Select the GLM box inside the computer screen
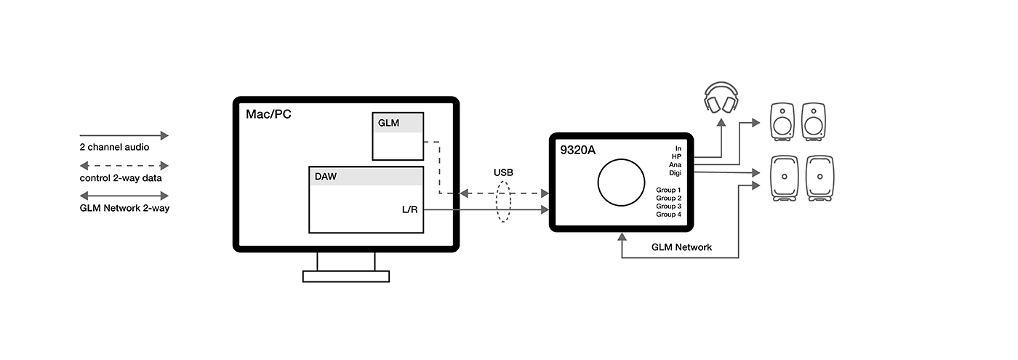point(397,136)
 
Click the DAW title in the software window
point(326,176)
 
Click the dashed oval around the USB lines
point(503,202)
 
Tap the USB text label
point(503,173)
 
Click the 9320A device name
point(579,151)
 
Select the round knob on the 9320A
point(620,182)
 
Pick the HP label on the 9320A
point(676,156)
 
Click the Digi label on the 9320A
point(674,173)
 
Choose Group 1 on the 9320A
point(668,190)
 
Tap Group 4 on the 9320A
point(668,215)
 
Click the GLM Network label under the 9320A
point(681,247)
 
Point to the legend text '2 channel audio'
point(114,147)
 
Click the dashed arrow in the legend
point(124,166)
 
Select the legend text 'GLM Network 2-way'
point(124,208)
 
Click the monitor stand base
point(345,276)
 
